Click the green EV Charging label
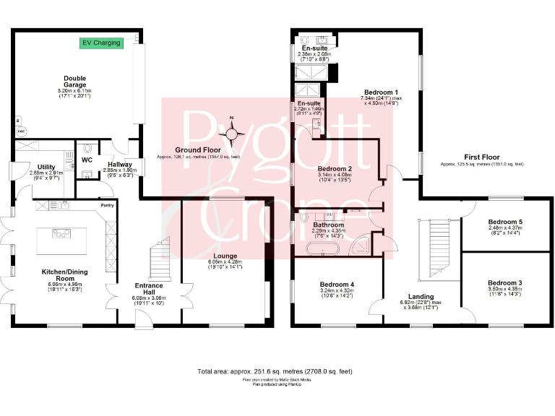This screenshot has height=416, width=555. (x=101, y=43)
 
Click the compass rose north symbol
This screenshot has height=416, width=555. (x=232, y=132)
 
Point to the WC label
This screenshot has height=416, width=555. (x=87, y=160)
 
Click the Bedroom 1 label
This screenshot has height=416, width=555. (x=382, y=92)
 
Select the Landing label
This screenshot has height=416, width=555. (x=421, y=296)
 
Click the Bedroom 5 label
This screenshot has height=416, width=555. (x=504, y=222)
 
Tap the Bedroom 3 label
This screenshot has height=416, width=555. (x=504, y=282)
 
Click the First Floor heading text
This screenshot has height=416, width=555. (x=481, y=156)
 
